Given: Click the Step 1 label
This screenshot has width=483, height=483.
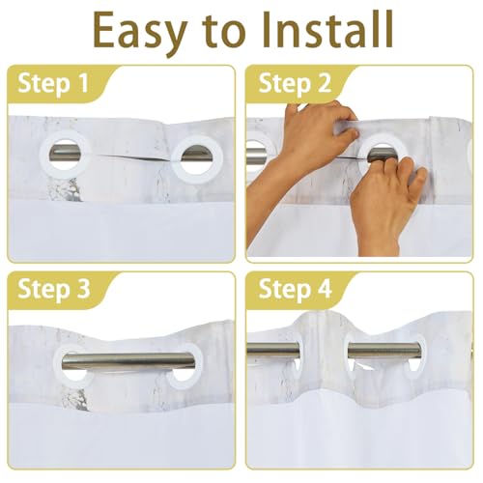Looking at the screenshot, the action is [x=53, y=84].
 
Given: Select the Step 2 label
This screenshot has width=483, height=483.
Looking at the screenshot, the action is [x=295, y=84].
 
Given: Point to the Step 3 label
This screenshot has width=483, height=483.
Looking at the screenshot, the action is [x=54, y=290].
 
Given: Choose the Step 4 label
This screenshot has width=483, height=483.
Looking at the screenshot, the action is [x=295, y=290].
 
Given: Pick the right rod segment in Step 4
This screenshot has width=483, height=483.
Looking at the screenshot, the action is [x=384, y=351].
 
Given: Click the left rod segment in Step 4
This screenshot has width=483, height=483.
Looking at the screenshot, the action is [x=273, y=351].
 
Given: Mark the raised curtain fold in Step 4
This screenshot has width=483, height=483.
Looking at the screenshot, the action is [x=326, y=348].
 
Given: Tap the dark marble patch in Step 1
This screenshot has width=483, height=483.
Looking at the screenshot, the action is [x=65, y=190].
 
